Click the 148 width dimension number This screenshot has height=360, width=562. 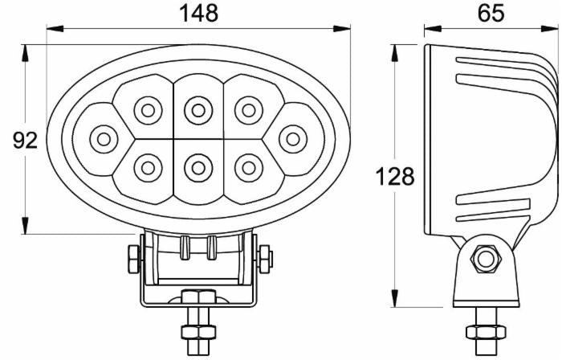[198, 14]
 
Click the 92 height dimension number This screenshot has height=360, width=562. [25, 140]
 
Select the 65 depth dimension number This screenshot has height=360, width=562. [491, 13]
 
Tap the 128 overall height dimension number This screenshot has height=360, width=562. [395, 177]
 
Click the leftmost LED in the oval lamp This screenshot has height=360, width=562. [104, 140]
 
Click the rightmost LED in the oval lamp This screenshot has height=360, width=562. [293, 139]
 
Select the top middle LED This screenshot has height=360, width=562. [198, 111]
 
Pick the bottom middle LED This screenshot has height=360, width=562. [198, 167]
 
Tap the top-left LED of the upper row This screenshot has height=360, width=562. [148, 111]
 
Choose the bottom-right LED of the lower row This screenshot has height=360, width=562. [249, 167]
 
